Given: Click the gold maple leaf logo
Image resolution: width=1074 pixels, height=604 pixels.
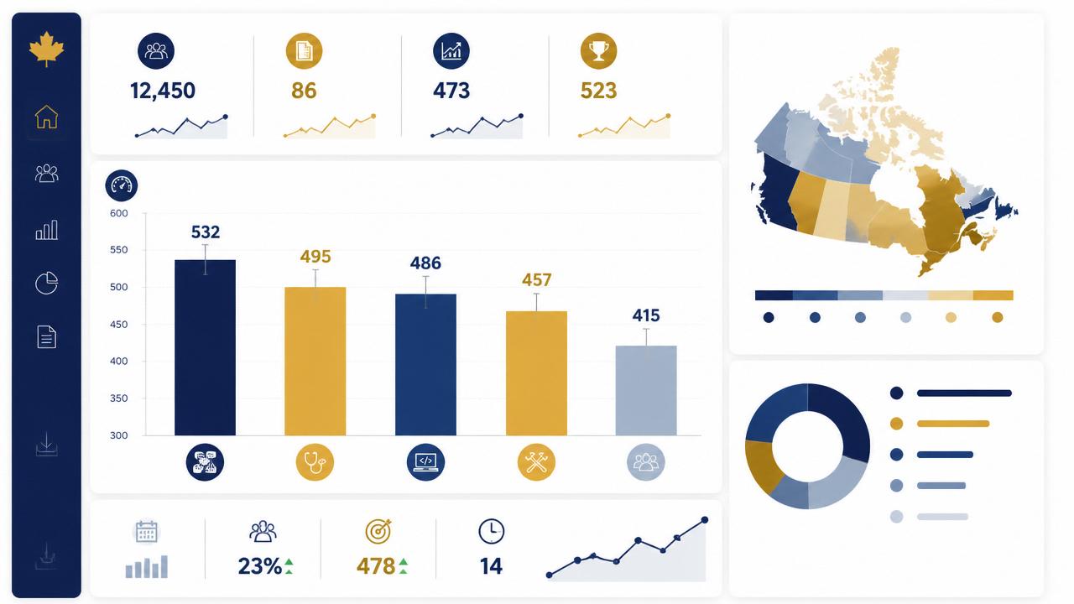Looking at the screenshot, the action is tap(46, 49).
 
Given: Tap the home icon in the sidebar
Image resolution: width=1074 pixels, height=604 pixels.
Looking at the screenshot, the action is tap(46, 117).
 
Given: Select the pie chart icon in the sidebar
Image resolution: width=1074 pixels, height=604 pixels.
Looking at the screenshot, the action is tap(46, 283).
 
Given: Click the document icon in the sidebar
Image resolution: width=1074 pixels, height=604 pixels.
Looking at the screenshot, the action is tap(46, 336).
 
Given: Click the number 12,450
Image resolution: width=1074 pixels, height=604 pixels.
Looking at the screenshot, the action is tap(163, 91).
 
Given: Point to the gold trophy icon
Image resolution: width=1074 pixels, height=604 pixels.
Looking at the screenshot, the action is tap(598, 51).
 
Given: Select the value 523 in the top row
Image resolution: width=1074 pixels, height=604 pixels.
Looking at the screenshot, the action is tap(598, 91).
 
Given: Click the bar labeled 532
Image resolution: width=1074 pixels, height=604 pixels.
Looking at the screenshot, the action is tap(206, 347).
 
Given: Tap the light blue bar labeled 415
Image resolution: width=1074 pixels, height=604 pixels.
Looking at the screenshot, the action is tap(646, 390).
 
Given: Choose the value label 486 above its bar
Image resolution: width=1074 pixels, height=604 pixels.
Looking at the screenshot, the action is tap(425, 263).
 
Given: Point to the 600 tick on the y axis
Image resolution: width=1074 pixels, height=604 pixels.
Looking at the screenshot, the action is tap(119, 213).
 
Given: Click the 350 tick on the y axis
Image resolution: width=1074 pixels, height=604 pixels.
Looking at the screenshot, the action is tap(119, 398).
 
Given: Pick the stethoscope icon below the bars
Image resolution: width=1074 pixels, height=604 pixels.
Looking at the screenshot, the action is tap(315, 462).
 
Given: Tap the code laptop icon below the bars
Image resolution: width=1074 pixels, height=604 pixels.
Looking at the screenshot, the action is tap(425, 462).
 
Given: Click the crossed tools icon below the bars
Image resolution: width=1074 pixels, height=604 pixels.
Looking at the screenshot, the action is tap(536, 462).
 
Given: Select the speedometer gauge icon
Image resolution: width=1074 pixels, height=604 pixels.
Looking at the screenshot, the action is tap(122, 185).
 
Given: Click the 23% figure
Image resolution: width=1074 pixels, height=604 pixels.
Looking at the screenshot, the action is tap(260, 566).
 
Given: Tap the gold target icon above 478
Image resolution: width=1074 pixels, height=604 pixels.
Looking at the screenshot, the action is tap(378, 531).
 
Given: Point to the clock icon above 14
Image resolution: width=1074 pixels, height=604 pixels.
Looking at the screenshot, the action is tap(492, 531).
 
